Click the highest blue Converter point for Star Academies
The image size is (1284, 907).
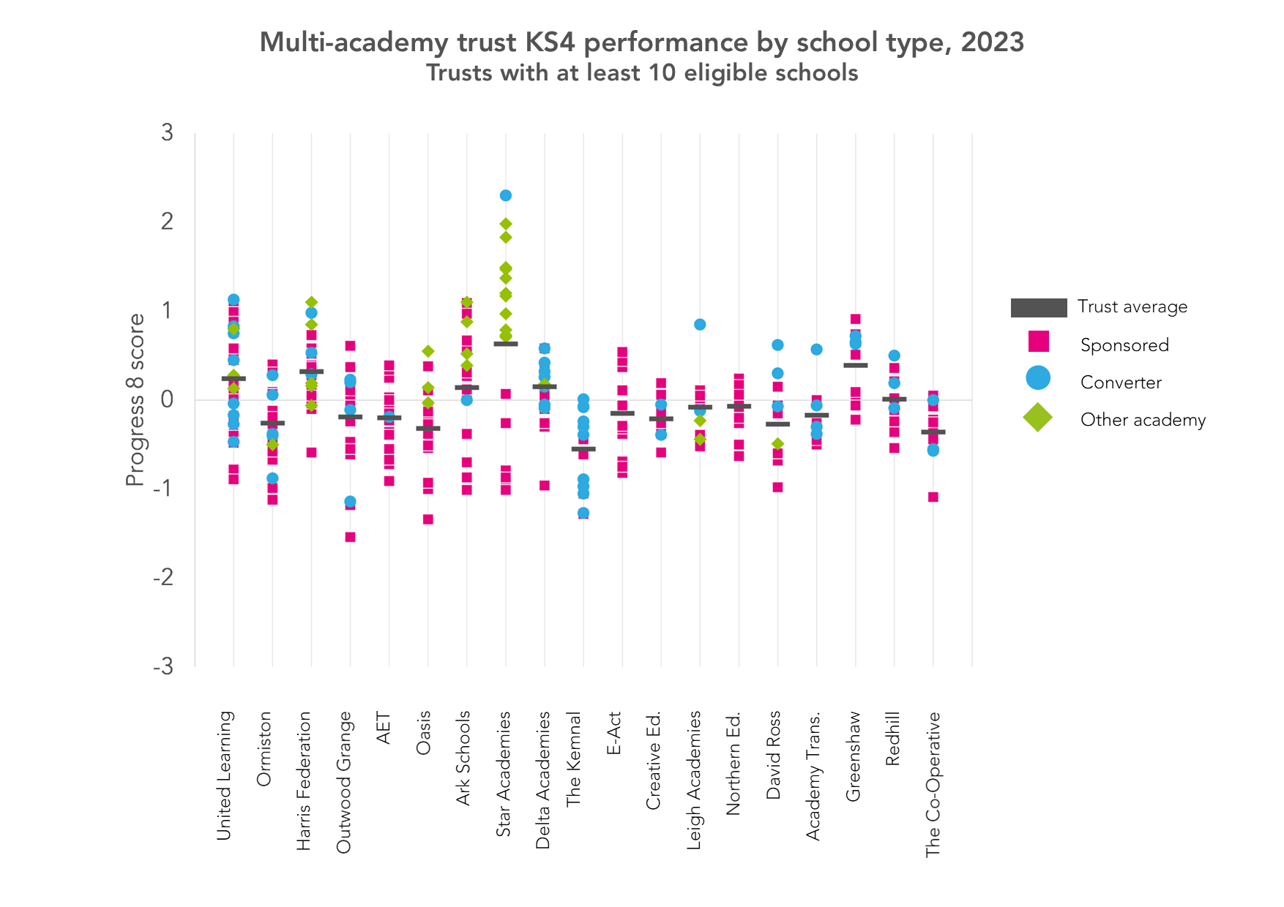pyautogui.click(x=505, y=195)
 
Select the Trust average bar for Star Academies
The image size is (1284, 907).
pyautogui.click(x=505, y=343)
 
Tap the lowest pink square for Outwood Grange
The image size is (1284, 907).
pyautogui.click(x=350, y=537)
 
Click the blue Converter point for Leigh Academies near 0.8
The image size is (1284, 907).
pyautogui.click(x=700, y=324)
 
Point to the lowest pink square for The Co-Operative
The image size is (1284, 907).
pyautogui.click(x=933, y=497)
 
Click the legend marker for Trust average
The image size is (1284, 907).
pyautogui.click(x=1038, y=307)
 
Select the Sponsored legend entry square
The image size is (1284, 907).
pyautogui.click(x=1038, y=342)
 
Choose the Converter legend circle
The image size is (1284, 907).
pyautogui.click(x=1038, y=378)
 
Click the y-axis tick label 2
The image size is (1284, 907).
pyautogui.click(x=168, y=222)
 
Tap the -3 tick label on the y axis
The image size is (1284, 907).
pyautogui.click(x=163, y=666)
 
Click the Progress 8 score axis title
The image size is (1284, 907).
pyautogui.click(x=135, y=399)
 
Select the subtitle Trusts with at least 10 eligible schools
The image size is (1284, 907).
pyautogui.click(x=642, y=73)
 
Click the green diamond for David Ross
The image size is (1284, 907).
pyautogui.click(x=777, y=444)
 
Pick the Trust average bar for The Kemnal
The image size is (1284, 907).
pyautogui.click(x=583, y=448)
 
